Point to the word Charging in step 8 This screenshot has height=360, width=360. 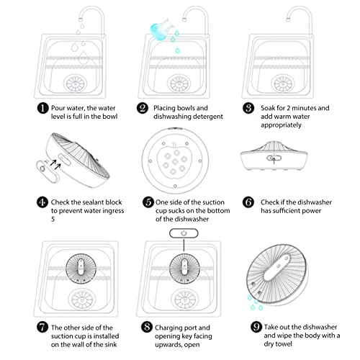click(171, 328)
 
